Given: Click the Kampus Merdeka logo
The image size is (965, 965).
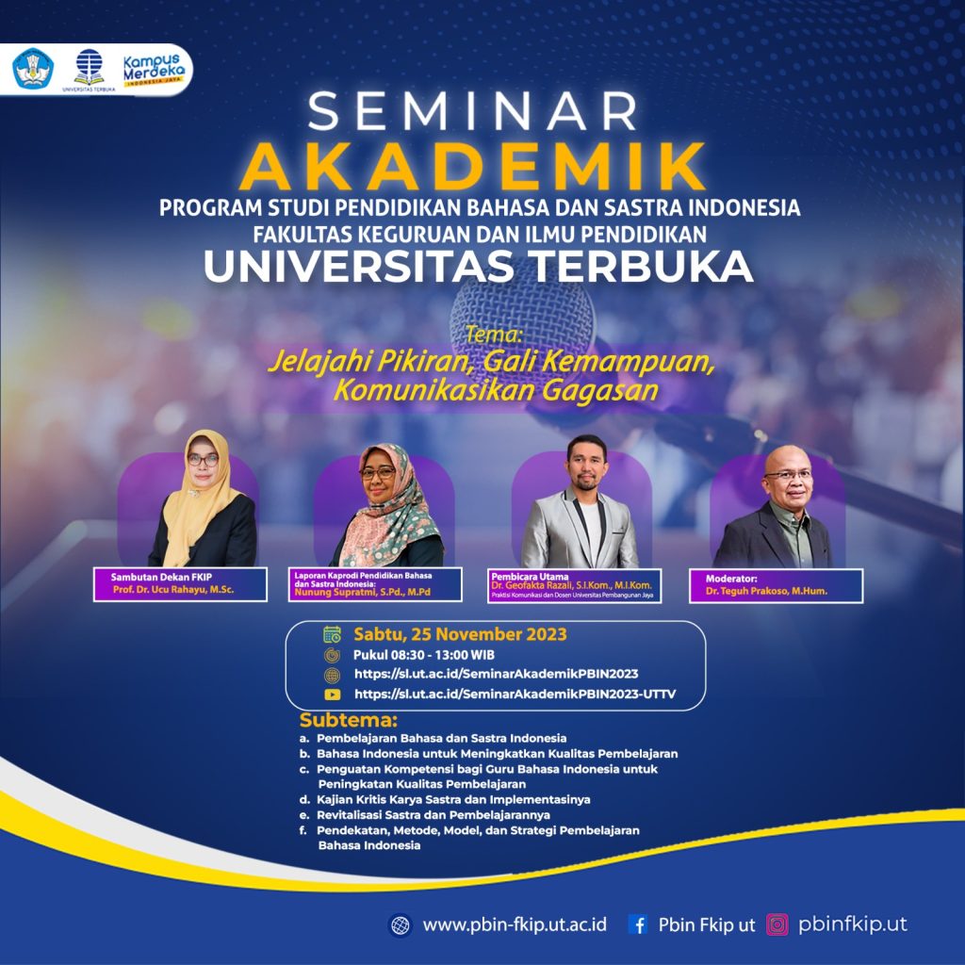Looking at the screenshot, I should coord(155,68).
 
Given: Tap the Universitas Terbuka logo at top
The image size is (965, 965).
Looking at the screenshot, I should coord(90,68).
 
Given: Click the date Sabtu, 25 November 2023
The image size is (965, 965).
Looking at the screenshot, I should coord(460,634).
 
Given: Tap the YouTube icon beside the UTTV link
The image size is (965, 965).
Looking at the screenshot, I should coord(332,695).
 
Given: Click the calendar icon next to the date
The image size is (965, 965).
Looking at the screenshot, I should coord(332,634).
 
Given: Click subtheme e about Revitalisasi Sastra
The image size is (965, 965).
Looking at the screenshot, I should coord(433,814).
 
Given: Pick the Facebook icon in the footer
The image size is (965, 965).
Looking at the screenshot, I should coord(638,925).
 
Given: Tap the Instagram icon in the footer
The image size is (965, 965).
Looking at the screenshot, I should coord(777,925).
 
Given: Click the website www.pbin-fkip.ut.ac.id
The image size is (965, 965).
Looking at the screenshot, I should coord(514,925).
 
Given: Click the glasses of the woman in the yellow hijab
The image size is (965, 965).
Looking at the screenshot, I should coord(203,460).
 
